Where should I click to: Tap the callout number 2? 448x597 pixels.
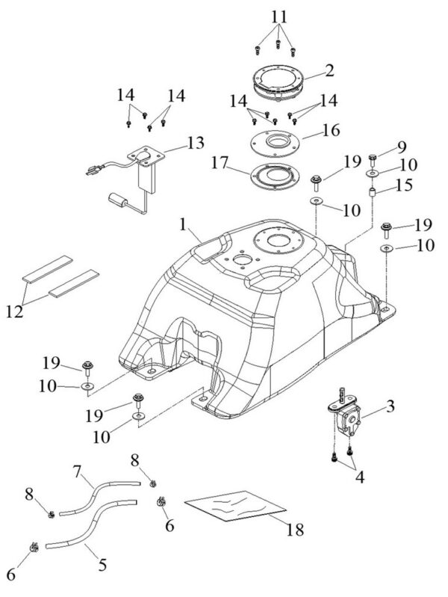click(x=329, y=72)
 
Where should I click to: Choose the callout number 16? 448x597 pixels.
click(x=330, y=130)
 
